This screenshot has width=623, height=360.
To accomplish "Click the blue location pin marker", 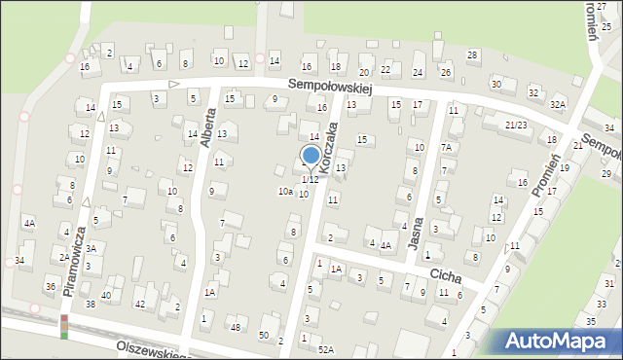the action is pyautogui.click(x=311, y=156).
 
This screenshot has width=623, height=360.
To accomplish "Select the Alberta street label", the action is pyautogui.click(x=206, y=127).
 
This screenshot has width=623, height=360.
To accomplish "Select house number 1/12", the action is pyautogui.click(x=310, y=180).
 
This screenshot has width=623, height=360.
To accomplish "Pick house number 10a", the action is pyautogui.click(x=285, y=192).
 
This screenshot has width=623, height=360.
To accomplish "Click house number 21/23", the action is pyautogui.click(x=515, y=125).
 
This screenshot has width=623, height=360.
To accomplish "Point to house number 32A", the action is pyautogui.click(x=557, y=104).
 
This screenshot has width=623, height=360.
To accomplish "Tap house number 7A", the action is pyautogui.click(x=447, y=147).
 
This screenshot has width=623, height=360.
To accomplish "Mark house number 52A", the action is pyautogui.click(x=325, y=349).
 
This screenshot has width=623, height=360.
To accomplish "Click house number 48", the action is pyautogui.click(x=235, y=327).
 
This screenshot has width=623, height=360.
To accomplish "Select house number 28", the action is pyautogui.click(x=472, y=54).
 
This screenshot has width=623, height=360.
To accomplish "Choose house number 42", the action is pyautogui.click(x=140, y=305).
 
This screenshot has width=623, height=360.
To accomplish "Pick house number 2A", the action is pyautogui.click(x=63, y=258).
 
